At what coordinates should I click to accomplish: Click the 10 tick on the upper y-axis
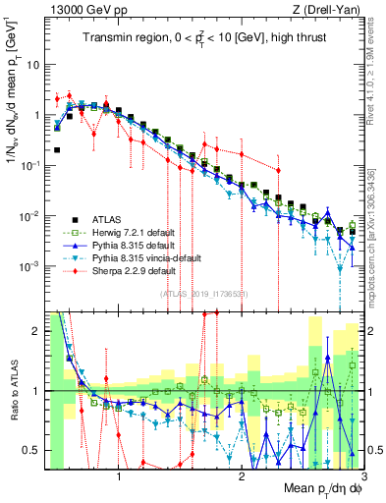(32, 64)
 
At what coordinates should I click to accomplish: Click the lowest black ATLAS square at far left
(57, 150)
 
